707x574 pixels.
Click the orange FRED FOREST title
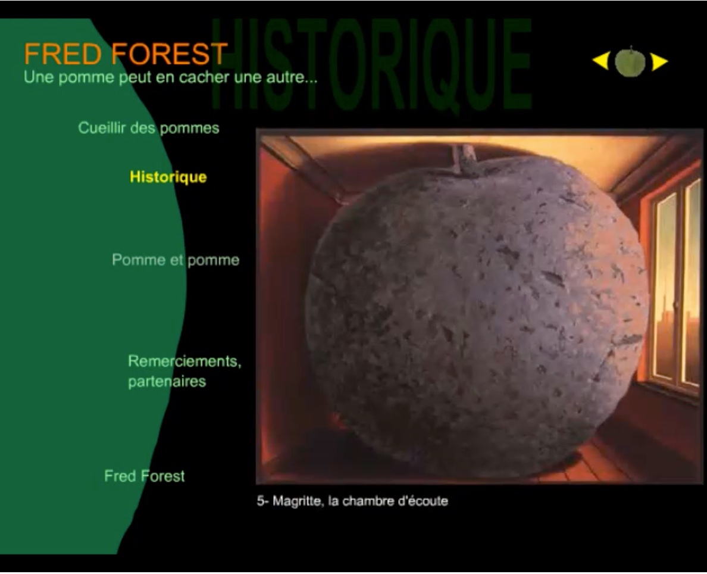126,54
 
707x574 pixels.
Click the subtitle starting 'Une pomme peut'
170,77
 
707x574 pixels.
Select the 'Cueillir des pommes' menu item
149,127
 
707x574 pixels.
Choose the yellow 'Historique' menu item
168,176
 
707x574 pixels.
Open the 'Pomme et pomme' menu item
176,260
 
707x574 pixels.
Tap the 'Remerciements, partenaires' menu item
184,371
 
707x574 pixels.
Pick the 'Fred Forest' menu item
144,476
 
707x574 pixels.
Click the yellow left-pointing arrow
601,61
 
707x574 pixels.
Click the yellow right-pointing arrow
659,61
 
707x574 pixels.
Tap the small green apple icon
630,62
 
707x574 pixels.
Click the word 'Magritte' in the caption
298,501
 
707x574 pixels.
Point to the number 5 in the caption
260,501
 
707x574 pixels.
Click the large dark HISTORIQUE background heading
371,64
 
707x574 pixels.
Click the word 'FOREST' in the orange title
170,54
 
